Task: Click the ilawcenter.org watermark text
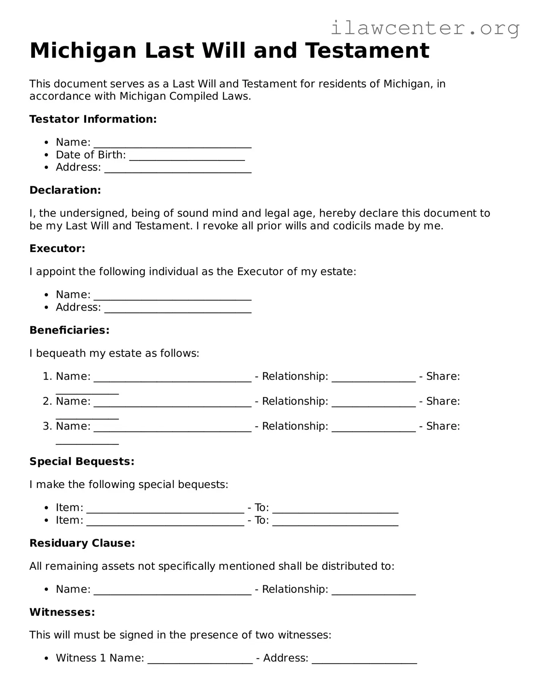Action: click(x=425, y=28)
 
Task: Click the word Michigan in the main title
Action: click(x=83, y=51)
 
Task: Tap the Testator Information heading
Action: click(x=93, y=119)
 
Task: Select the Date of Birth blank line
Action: click(x=187, y=158)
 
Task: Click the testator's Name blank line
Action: click(x=172, y=145)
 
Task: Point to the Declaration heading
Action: click(x=65, y=190)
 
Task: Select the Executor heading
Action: click(x=57, y=249)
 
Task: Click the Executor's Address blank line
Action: click(x=178, y=310)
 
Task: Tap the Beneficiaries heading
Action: click(x=70, y=330)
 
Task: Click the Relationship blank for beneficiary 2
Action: click(x=373, y=404)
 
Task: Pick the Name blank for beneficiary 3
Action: click(x=172, y=429)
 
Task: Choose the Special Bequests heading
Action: click(x=82, y=461)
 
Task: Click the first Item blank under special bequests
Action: click(x=165, y=510)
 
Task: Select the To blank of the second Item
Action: click(x=335, y=523)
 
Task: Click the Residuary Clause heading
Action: click(x=82, y=543)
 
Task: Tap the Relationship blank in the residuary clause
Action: click(x=373, y=592)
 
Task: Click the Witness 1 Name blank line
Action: click(x=200, y=661)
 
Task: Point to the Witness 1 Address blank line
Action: click(x=364, y=661)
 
